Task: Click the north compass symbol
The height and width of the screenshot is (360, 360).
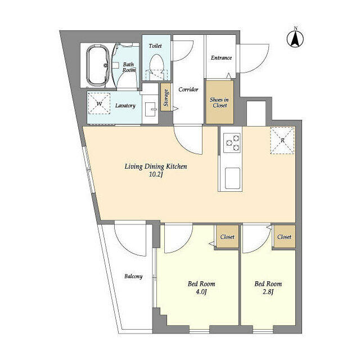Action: click(x=295, y=38)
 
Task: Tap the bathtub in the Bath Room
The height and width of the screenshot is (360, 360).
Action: click(x=97, y=65)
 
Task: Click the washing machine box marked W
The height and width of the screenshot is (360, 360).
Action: click(x=99, y=103)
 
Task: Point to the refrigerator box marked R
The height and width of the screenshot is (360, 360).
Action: click(x=282, y=140)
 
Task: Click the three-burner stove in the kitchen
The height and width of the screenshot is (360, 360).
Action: click(x=232, y=143)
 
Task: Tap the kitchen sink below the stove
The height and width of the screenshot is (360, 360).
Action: click(x=232, y=178)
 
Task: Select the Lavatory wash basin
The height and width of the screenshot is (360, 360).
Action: click(x=150, y=110)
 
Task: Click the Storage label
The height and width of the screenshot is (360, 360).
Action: click(x=166, y=98)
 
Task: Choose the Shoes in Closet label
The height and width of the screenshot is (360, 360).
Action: click(x=219, y=102)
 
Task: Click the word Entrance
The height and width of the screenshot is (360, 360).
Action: click(x=221, y=57)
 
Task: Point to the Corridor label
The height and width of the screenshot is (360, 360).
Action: click(x=188, y=89)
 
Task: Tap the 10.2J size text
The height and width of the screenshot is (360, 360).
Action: click(x=156, y=174)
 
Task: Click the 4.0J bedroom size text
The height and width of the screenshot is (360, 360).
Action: click(x=201, y=292)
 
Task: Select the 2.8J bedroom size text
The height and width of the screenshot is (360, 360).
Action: click(x=268, y=292)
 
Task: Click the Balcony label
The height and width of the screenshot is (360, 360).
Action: click(x=133, y=276)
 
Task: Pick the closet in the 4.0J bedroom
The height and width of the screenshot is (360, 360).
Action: click(x=227, y=236)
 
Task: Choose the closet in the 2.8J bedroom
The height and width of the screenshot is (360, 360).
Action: click(x=285, y=236)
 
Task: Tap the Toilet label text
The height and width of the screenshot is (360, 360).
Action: click(x=155, y=46)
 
